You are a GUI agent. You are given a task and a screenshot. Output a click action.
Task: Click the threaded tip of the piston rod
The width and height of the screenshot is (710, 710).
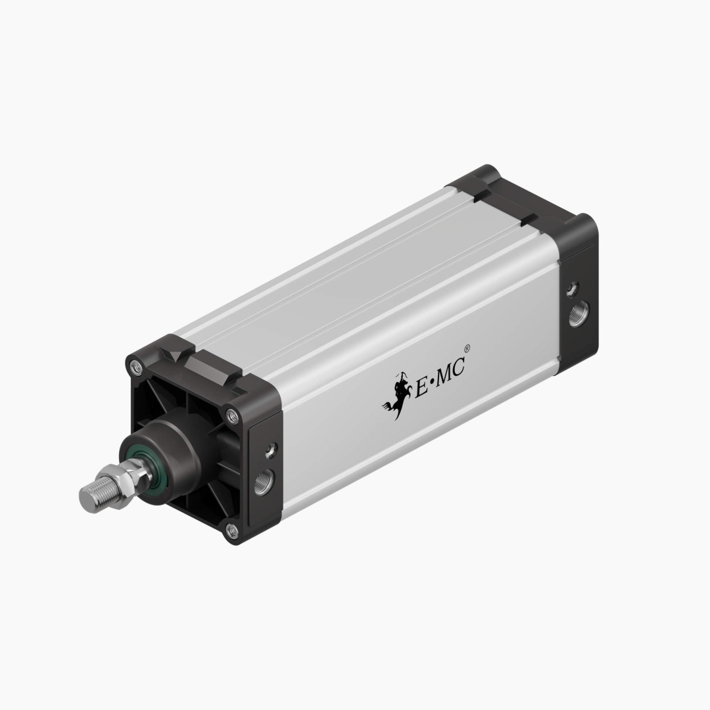click(90, 494)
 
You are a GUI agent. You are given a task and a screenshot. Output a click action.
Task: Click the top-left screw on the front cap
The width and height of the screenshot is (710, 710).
click(136, 366)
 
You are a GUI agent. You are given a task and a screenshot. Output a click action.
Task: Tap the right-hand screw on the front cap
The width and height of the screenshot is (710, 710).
click(231, 414)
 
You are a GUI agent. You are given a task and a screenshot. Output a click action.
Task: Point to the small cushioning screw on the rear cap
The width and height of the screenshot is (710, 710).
click(573, 287)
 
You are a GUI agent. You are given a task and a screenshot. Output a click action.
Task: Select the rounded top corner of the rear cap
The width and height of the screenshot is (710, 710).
click(490, 172)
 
